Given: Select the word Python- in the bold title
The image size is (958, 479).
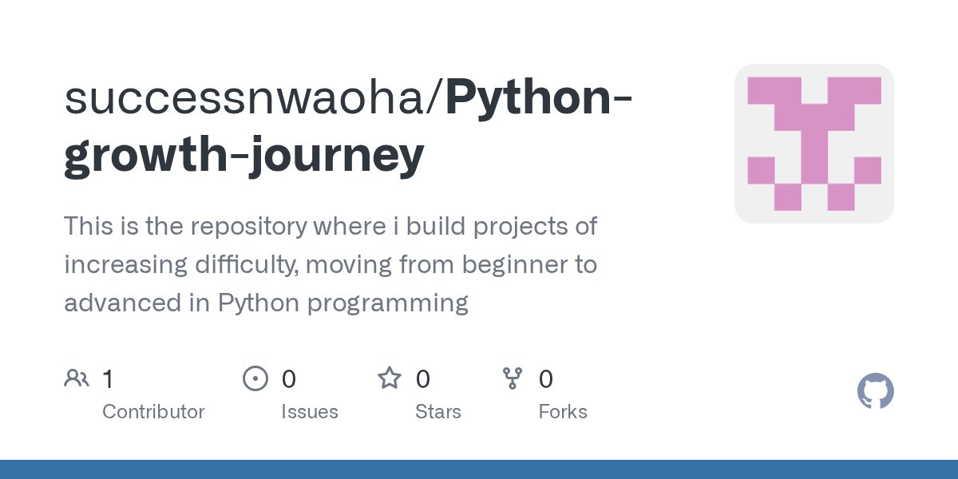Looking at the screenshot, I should click(x=540, y=97).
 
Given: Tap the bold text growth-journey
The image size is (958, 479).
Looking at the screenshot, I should click(x=243, y=155).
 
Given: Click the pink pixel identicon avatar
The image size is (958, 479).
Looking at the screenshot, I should click(x=814, y=144).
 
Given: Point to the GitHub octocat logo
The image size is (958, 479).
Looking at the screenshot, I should click(x=875, y=392).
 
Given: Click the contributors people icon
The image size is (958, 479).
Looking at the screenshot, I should click(x=77, y=378).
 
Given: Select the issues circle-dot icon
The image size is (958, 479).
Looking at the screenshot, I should click(x=255, y=378).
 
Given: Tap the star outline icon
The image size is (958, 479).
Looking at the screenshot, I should click(x=390, y=378).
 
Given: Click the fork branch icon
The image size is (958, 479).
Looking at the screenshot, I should click(x=512, y=378).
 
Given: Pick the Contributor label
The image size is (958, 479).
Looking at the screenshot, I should click(x=153, y=412).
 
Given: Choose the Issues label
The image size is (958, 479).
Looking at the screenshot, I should click(x=309, y=412).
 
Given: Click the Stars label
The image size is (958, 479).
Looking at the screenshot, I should click(x=437, y=412).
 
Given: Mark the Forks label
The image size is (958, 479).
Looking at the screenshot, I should click(x=562, y=412).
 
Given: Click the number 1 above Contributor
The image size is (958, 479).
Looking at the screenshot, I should click(x=108, y=379).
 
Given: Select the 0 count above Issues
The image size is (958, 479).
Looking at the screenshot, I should click(x=288, y=379).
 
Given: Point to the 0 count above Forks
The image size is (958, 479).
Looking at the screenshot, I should click(x=546, y=379).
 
